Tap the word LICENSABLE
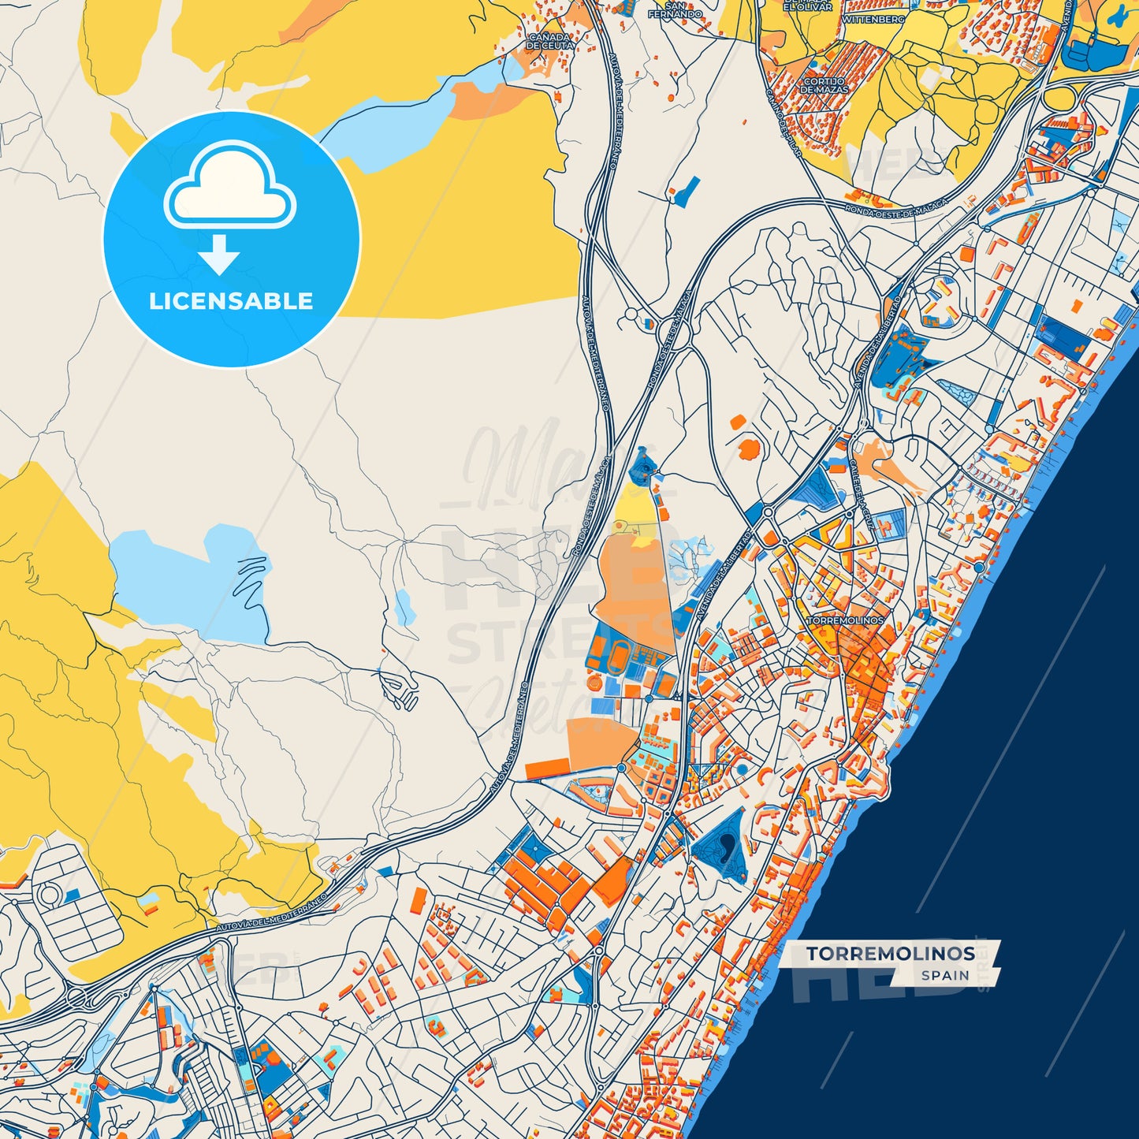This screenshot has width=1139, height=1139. tap(231, 301)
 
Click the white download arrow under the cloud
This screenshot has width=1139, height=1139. tap(219, 255)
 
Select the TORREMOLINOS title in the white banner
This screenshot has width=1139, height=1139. tap(890, 954)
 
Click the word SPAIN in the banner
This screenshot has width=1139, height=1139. tap(945, 975)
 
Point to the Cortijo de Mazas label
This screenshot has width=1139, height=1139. tap(824, 85)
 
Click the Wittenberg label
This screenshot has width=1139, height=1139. tap(873, 19)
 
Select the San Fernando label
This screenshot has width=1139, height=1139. tap(676, 11)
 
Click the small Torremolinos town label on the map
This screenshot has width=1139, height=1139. tap(845, 620)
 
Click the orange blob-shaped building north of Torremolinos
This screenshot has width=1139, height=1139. tap(748, 449)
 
